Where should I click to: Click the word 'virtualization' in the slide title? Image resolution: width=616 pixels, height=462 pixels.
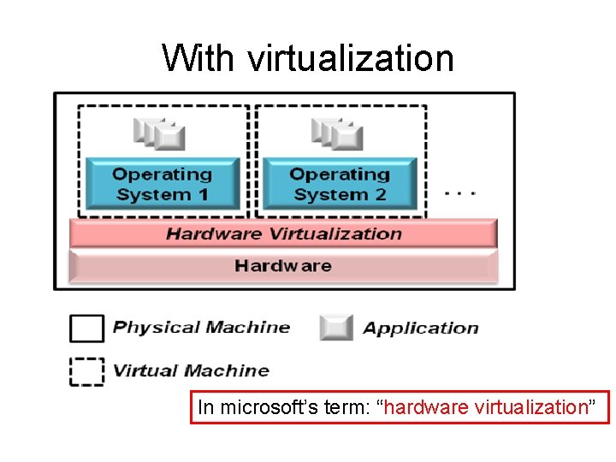click(x=351, y=58)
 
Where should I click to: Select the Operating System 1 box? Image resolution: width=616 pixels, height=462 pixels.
click(x=163, y=184)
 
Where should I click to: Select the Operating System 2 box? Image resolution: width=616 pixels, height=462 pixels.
click(x=340, y=184)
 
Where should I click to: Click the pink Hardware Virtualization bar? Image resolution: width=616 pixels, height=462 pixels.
click(x=283, y=234)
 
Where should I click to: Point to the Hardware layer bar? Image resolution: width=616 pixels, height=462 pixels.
click(x=283, y=266)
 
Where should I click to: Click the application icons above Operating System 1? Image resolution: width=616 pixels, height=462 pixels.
click(x=160, y=133)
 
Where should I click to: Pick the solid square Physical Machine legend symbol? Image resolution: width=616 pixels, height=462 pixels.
click(x=86, y=328)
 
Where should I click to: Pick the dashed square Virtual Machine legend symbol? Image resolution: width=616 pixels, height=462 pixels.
click(x=86, y=371)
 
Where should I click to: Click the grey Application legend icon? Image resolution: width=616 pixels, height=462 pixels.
click(x=336, y=328)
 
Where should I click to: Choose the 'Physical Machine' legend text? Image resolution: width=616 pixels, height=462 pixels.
click(x=201, y=327)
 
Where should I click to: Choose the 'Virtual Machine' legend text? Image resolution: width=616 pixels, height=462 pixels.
click(x=191, y=370)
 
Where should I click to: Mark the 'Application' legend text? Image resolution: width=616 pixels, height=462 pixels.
click(x=420, y=328)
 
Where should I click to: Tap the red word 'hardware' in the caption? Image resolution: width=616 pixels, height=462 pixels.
click(x=419, y=407)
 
